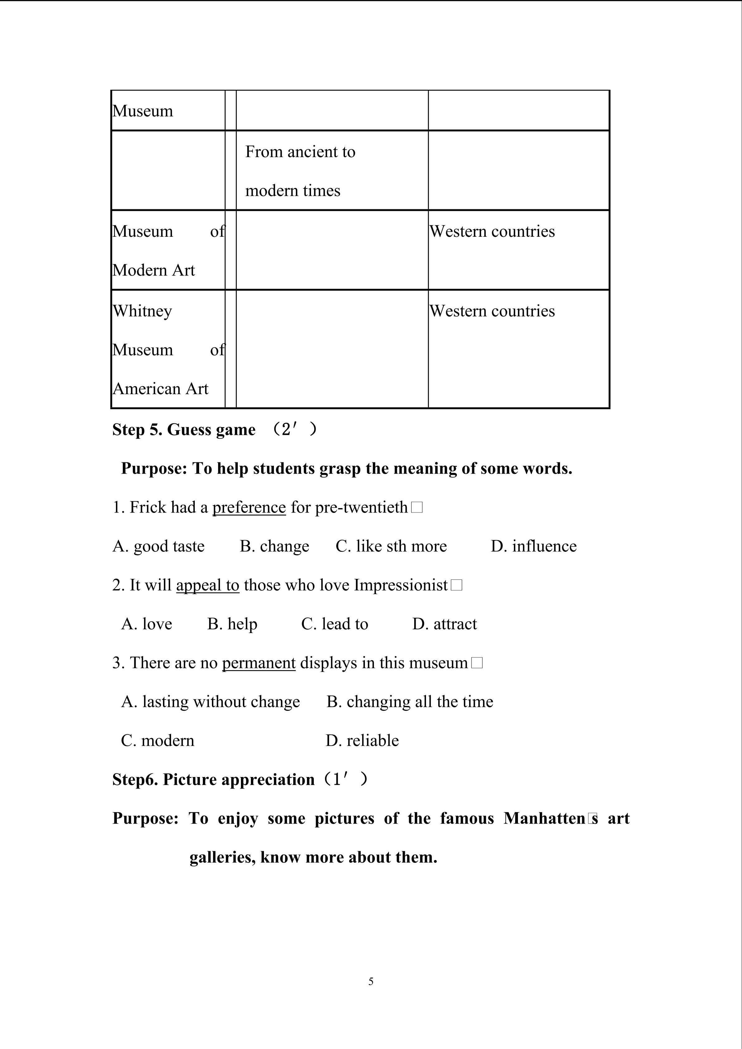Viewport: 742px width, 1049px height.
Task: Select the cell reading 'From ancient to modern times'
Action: point(300,171)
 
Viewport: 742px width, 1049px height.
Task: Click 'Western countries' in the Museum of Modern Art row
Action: point(492,231)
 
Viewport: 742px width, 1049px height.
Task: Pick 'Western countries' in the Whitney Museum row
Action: point(492,311)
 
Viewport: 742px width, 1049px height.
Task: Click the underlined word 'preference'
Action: point(249,508)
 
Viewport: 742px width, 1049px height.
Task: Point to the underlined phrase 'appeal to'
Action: point(208,585)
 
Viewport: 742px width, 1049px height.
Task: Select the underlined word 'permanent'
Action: point(259,663)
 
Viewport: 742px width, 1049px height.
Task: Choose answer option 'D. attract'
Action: point(444,624)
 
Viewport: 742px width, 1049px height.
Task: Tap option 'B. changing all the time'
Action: point(410,702)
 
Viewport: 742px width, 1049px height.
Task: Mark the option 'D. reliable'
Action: point(362,741)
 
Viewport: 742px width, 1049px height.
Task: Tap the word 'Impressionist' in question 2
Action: point(401,585)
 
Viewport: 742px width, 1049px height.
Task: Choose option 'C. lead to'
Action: point(334,624)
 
